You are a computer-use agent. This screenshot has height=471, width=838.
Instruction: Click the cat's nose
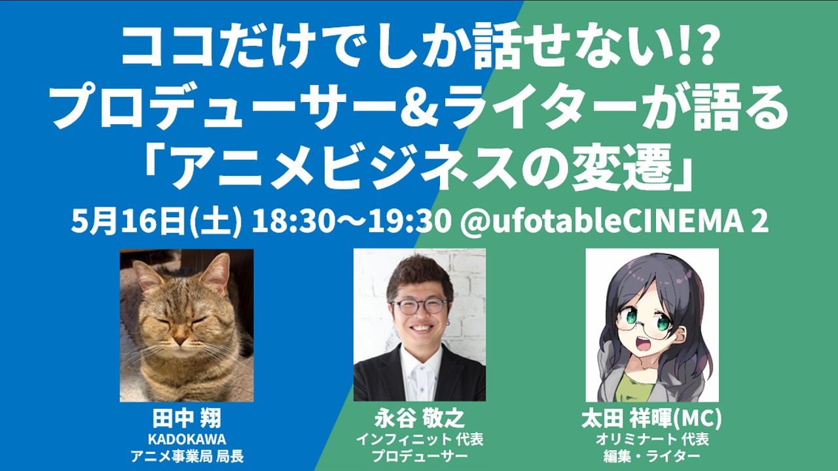(180, 340)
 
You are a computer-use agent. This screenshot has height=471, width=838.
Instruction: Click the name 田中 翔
(187, 419)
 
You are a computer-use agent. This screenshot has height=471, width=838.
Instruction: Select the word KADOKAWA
(187, 439)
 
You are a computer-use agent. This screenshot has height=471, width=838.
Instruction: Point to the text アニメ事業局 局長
(187, 457)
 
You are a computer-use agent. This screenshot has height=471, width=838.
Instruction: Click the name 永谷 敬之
(420, 419)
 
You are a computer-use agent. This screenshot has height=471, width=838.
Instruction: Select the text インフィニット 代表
(420, 439)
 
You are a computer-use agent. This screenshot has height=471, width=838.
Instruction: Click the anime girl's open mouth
(644, 343)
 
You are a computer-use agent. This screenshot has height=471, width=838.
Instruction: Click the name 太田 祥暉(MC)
(651, 419)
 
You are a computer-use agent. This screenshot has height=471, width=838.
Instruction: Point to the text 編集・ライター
(651, 457)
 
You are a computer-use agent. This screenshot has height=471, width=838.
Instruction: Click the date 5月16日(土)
(156, 222)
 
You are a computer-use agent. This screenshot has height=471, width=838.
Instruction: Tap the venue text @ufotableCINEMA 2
(614, 222)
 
